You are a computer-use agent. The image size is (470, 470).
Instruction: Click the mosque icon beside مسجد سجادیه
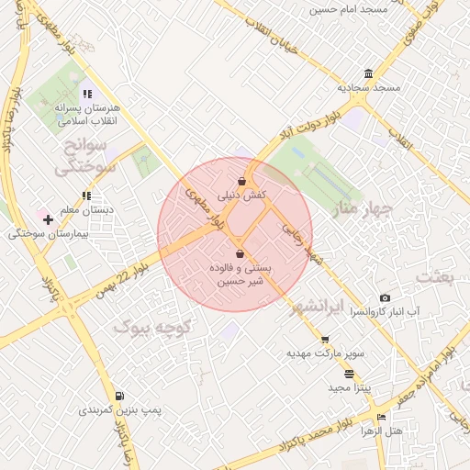(368, 73)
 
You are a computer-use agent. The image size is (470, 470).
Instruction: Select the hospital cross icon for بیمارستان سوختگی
(48, 220)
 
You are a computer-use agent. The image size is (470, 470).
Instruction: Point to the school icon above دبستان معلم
(86, 196)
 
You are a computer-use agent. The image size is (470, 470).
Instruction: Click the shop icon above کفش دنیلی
(241, 181)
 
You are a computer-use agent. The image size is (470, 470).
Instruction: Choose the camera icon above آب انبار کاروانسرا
(385, 298)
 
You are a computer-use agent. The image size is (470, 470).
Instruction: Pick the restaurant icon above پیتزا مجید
(349, 375)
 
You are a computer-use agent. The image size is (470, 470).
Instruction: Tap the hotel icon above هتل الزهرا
(382, 418)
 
